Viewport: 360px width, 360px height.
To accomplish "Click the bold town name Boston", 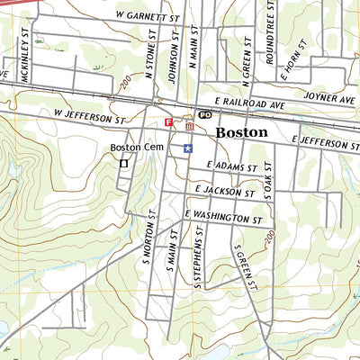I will pos(242,131).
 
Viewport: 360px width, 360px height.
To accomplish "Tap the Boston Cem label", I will pos(133,148).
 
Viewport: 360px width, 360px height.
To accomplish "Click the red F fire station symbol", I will pos(167,121).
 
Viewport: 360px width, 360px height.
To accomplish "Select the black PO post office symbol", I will pos(204,115).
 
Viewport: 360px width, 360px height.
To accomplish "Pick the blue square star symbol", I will pos(187,148).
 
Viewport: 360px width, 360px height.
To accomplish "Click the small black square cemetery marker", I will pos(123,164).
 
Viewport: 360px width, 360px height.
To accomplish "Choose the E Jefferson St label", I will pos(328,143).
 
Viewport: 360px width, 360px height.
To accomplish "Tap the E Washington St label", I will pos(222,217).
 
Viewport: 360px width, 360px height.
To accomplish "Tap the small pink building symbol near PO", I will pos(189,127).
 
